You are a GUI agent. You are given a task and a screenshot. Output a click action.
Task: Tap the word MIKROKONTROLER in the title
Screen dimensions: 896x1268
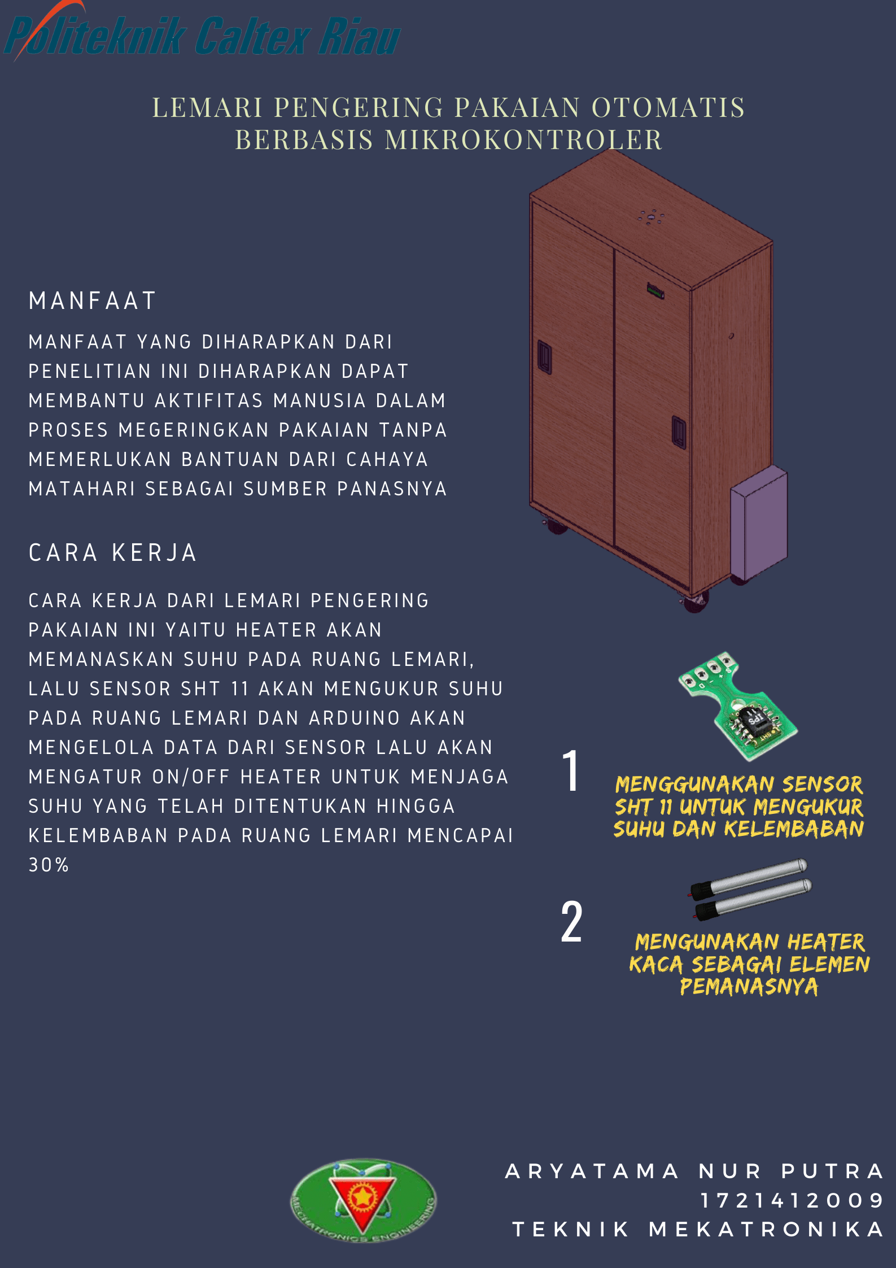coord(523,140)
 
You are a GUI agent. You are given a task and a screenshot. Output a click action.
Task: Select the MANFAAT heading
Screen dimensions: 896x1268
coord(93,300)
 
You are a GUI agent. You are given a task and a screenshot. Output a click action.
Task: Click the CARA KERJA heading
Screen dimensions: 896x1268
coord(112,552)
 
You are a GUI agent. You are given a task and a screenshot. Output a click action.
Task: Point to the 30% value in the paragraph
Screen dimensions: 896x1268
coord(49,865)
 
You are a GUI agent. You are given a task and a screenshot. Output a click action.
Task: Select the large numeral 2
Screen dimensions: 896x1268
coord(571,922)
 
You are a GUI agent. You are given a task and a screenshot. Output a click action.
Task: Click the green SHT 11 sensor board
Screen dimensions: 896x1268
coord(737,705)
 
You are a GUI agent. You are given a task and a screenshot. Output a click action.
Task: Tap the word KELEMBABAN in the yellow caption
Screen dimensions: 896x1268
coord(794,829)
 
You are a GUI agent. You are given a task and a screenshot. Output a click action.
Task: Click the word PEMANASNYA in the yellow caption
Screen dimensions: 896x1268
coord(749,986)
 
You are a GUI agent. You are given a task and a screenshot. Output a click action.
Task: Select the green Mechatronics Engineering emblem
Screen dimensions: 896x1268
coord(363,1200)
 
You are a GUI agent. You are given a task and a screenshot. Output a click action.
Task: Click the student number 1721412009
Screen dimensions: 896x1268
coord(792,1200)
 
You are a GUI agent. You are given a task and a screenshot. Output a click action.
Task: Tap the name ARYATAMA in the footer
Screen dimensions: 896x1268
coord(592,1171)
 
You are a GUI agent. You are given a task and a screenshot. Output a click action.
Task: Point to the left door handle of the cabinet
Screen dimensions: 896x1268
coord(544,357)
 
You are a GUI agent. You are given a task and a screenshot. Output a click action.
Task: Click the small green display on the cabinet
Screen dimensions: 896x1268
coord(655,291)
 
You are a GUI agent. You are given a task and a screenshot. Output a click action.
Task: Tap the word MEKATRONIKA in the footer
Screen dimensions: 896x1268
coord(766,1230)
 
